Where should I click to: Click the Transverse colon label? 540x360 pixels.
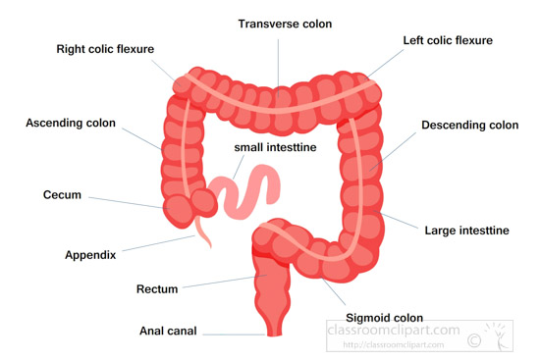[x=285, y=24]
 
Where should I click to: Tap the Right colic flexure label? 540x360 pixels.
[x=105, y=49]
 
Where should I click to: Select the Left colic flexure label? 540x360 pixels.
[x=448, y=40]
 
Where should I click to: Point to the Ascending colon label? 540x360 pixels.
[x=71, y=123]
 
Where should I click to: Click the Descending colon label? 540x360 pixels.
[x=469, y=125]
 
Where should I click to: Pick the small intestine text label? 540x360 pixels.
[x=275, y=147]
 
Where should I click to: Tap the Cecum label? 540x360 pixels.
[x=62, y=195]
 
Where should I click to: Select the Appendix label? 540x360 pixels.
[x=90, y=255]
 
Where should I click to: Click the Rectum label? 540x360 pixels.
[x=157, y=289]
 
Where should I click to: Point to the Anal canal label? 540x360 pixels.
[x=168, y=331]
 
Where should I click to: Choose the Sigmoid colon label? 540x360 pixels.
[x=384, y=318]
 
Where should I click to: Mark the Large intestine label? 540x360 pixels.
[x=466, y=231]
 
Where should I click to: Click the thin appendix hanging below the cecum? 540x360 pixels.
[x=203, y=232]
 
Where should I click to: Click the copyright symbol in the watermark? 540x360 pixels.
[x=474, y=340]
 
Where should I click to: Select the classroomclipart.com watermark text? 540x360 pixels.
[x=394, y=330]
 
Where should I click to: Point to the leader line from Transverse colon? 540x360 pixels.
[x=278, y=68]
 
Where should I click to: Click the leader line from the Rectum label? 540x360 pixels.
[x=225, y=282]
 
